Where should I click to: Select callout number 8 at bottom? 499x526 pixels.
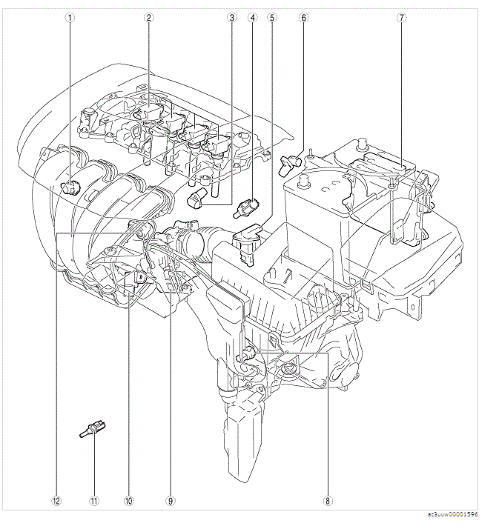coord(328,500)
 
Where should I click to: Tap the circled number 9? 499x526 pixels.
coord(171,500)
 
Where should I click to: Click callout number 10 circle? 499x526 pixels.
coord(128,500)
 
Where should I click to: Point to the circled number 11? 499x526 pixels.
coord(95,500)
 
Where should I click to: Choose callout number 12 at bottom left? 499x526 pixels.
coord(56,500)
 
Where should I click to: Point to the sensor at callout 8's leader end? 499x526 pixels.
coord(250,355)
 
